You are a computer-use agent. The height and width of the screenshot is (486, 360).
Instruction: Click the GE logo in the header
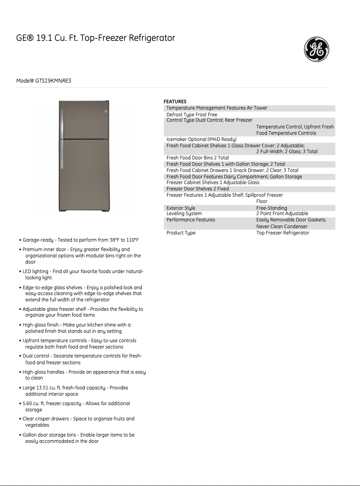317,49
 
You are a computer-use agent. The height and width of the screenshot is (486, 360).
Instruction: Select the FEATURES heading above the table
175,102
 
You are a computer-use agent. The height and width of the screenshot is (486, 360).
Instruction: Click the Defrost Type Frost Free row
192,115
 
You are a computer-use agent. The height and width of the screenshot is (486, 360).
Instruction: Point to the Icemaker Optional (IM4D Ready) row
201,139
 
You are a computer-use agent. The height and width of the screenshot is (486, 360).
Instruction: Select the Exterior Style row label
180,208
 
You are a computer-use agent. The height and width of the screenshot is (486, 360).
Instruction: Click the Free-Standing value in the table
272,208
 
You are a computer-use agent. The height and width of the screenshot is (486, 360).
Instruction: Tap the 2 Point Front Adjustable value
282,214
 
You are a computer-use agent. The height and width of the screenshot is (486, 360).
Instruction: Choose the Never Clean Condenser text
282,226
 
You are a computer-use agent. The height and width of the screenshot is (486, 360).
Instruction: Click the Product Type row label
181,233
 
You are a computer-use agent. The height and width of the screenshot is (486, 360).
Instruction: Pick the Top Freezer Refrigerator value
283,233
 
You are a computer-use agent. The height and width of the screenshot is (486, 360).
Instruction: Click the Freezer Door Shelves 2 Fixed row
198,189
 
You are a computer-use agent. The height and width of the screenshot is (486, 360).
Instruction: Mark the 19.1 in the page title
45,38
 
